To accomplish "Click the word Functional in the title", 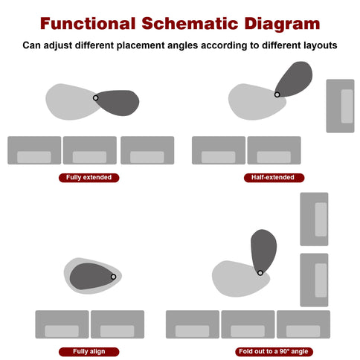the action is pos(88,24).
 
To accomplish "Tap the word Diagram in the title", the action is pos(282,25).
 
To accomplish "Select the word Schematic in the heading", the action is pos(190,24).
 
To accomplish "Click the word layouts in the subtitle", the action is pos(318,45).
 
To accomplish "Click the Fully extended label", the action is pos(89,178).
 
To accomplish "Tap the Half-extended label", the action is pos(274,178).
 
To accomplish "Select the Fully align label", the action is pos(89,352).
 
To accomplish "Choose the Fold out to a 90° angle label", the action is pos(274,352).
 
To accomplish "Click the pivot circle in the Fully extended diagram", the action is pos(95,98).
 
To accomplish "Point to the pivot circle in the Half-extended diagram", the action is pos(277,94).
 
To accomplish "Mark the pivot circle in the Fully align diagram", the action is pos(113,277).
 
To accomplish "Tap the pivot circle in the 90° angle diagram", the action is pos(260,273).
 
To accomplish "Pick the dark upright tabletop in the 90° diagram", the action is pos(263,251).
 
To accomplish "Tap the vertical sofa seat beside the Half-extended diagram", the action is pos(340,106).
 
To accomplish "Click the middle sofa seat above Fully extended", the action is pos(90,150).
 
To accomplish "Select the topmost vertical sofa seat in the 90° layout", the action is pos(314,219).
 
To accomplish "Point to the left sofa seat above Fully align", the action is pos(62,324).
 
